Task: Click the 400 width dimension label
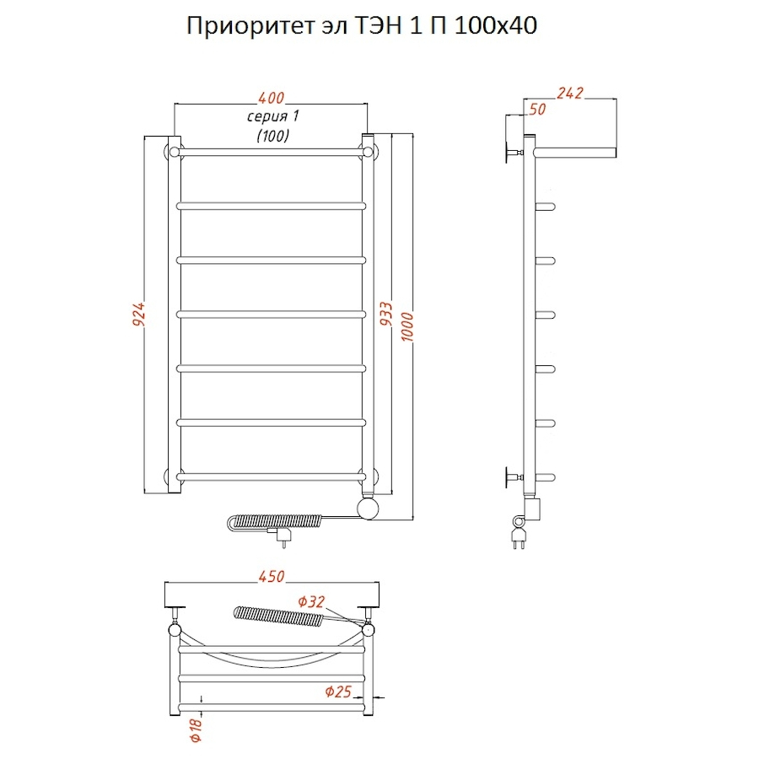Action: tap(271, 97)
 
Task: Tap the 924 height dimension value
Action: tap(140, 315)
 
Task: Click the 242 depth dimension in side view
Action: tap(571, 93)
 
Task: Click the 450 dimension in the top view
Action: tap(272, 577)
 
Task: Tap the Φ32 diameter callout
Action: tap(311, 601)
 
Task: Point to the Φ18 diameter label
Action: tap(196, 728)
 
